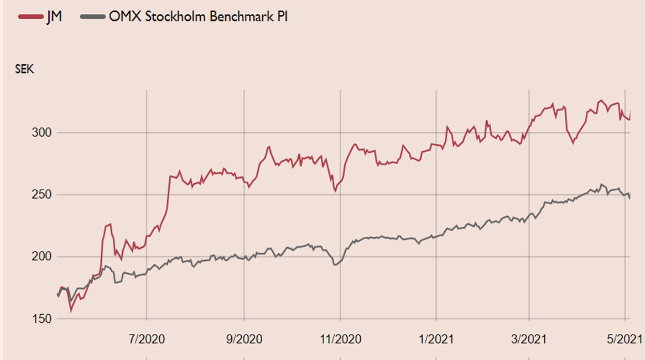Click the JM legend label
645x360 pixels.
pyautogui.click(x=55, y=17)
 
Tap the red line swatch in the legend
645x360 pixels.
pyautogui.click(x=31, y=17)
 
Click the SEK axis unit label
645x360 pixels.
pyautogui.click(x=24, y=70)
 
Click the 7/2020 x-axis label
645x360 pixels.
pyautogui.click(x=147, y=338)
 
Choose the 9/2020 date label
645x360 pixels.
pyautogui.click(x=244, y=338)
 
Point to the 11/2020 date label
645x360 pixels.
pyautogui.click(x=341, y=338)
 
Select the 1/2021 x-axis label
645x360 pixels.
pyautogui.click(x=437, y=338)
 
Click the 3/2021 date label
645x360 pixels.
pyautogui.click(x=529, y=338)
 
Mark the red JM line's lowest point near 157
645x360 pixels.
pyautogui.click(x=71, y=311)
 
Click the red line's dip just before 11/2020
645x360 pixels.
pyautogui.click(x=335, y=191)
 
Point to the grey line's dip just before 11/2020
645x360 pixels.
pyautogui.click(x=335, y=265)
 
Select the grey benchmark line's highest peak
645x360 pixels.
pyautogui.click(x=602, y=184)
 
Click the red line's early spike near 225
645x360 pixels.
pyautogui.click(x=111, y=224)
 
